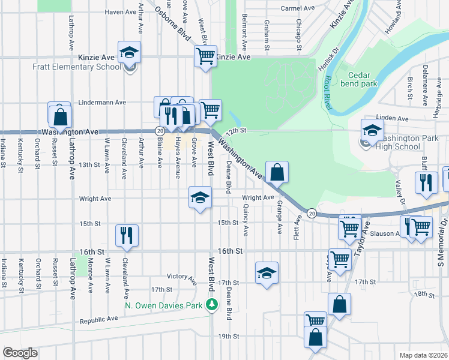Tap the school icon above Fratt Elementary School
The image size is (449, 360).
(129, 53)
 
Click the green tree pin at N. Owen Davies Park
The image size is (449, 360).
(211, 305)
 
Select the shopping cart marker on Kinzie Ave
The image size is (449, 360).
(205, 57)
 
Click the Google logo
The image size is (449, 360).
(20, 352)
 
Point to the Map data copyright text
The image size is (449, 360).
(424, 355)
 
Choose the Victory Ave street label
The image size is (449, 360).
(182, 278)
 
